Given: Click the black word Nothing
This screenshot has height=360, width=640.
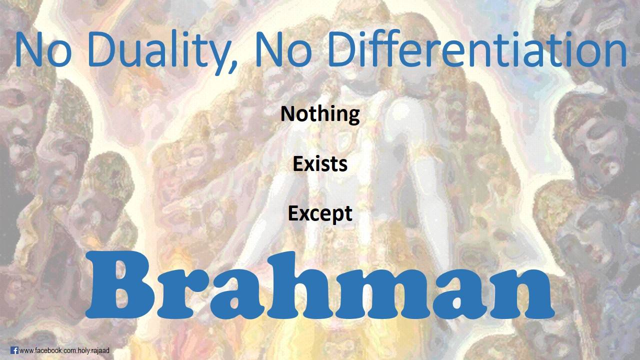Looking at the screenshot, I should [320, 114].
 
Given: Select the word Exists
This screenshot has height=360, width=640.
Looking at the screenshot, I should [320, 164].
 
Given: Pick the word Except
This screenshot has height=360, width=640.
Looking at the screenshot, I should [320, 214].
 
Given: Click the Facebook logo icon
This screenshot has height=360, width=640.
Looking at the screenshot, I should [14, 350].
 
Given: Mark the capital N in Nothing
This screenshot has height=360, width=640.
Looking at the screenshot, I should [287, 113].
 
